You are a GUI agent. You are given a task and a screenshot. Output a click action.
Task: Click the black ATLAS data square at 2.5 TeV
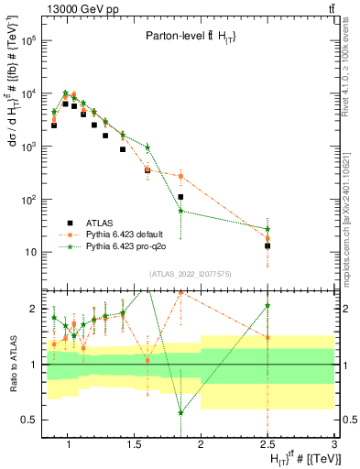click(267, 245)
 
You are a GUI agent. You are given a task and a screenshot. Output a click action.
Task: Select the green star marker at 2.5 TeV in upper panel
click(267, 229)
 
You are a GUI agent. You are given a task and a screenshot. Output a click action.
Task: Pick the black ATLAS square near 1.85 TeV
click(180, 197)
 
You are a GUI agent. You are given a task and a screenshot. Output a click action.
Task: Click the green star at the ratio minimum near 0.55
click(180, 413)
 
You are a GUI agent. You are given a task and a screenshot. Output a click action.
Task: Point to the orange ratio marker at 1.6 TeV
click(147, 360)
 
